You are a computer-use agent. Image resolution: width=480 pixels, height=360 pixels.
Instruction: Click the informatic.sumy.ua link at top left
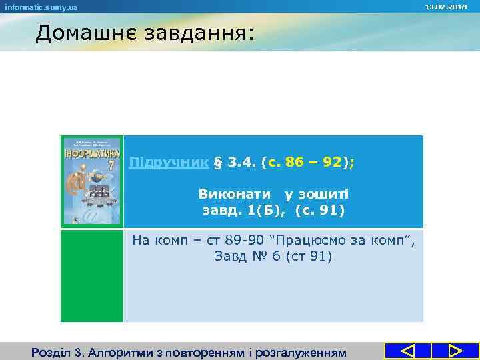[x=41, y=7]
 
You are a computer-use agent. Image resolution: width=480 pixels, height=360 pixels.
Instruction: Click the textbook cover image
[x=92, y=181]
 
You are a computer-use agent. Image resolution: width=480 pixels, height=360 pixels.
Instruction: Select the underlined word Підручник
[x=169, y=163]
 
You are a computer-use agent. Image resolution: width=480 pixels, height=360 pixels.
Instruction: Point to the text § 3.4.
[x=236, y=163]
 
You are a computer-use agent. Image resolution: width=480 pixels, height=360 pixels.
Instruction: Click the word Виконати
[x=234, y=194]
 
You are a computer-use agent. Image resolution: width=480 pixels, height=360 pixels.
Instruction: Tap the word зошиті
[x=325, y=194]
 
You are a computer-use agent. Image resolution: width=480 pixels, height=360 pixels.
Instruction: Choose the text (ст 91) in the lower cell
[x=309, y=256]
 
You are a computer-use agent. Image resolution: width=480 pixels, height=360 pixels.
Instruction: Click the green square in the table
[x=92, y=275]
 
